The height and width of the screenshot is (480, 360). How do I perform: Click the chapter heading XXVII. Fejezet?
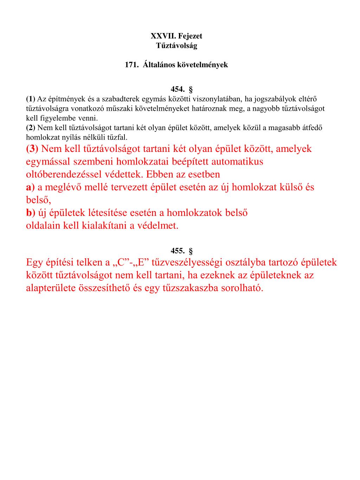[x=176, y=36]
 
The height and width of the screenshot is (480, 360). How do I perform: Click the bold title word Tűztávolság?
[x=176, y=45]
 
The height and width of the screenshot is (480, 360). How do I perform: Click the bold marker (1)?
[x=31, y=98]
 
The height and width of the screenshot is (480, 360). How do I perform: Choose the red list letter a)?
[x=31, y=187]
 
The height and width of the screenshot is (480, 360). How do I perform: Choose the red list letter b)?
[x=31, y=213]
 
